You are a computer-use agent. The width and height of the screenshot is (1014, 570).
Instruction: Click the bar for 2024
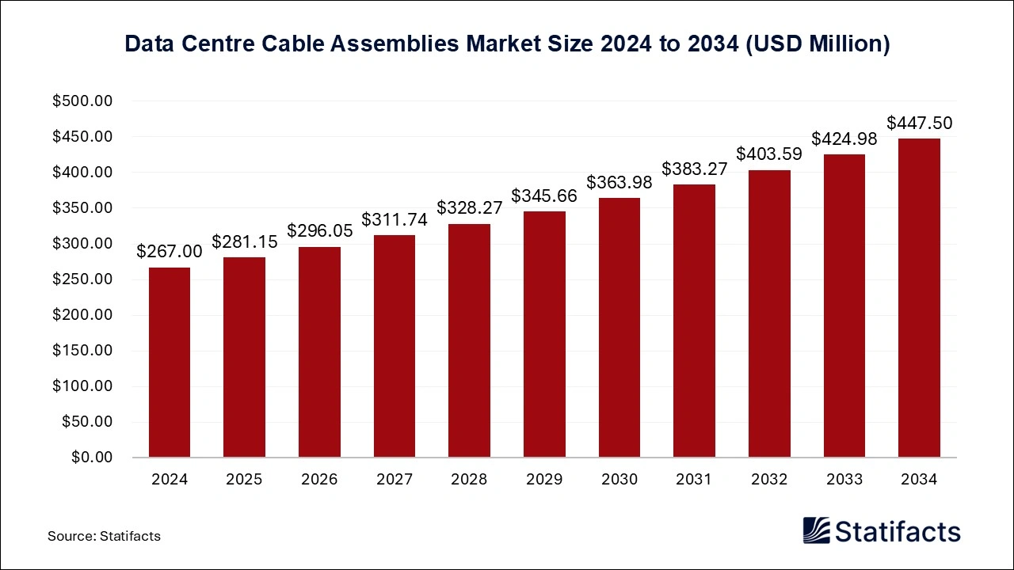[x=170, y=362]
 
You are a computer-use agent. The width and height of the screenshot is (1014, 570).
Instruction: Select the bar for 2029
[x=544, y=334]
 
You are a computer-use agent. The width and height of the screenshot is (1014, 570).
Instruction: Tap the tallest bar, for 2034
[x=919, y=298]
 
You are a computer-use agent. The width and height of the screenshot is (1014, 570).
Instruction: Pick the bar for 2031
[x=694, y=321]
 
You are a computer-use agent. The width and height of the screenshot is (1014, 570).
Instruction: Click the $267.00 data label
[x=170, y=252]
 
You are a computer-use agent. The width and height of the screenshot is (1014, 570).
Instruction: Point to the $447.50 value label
[x=919, y=123]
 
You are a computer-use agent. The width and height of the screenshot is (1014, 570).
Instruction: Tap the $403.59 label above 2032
[x=769, y=154]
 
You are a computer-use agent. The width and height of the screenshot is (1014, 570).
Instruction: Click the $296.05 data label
[x=319, y=230]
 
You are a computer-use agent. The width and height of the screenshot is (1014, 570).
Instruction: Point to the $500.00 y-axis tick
[x=83, y=101]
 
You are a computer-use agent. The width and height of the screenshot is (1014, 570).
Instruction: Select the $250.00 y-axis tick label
[x=83, y=279]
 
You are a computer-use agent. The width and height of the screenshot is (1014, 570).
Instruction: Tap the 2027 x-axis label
[x=394, y=480]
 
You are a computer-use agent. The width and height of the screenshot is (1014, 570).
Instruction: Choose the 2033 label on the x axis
[x=844, y=480]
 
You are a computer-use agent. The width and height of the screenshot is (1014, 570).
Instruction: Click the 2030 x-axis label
[x=619, y=480]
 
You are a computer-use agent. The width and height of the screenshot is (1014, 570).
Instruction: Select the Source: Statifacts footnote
[x=104, y=536]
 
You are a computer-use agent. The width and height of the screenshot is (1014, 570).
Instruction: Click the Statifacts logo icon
[x=817, y=530]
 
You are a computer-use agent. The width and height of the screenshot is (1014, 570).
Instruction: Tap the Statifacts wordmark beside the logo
[x=898, y=531]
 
